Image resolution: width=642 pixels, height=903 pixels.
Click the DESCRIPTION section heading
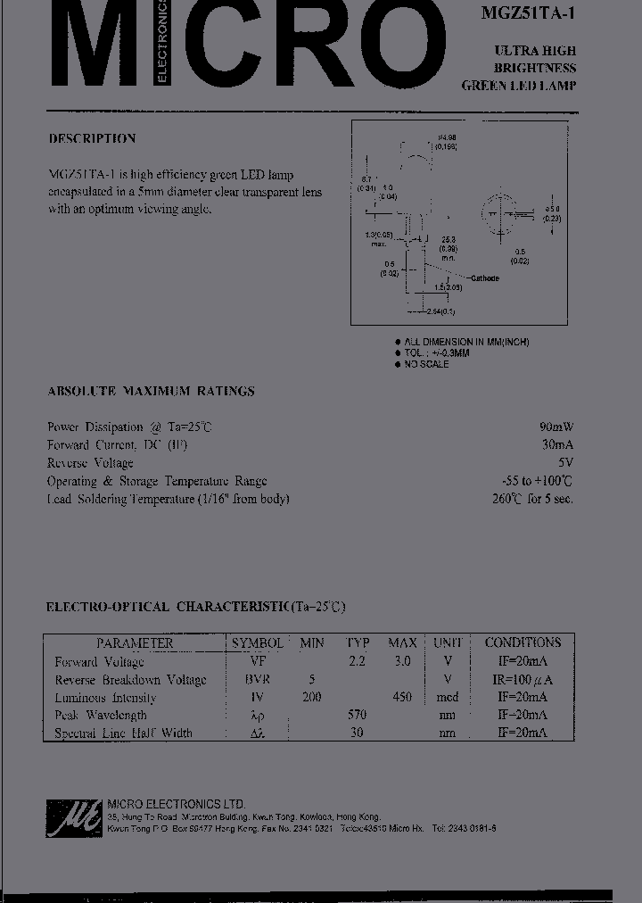[92, 138]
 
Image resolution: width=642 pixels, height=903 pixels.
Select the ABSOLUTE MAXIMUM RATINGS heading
[151, 391]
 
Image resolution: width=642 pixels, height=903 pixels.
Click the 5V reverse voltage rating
[565, 463]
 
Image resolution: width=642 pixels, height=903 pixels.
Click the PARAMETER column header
[135, 642]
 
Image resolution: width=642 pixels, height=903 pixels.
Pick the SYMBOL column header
[257, 642]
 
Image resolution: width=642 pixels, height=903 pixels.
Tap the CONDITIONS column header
[523, 642]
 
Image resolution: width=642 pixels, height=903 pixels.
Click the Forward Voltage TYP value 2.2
[358, 661]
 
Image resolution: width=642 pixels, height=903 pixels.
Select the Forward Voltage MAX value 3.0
[401, 661]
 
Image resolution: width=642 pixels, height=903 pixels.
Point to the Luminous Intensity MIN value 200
[311, 697]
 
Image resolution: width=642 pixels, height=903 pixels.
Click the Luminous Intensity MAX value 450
[401, 697]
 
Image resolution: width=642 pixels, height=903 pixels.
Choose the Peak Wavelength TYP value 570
[358, 715]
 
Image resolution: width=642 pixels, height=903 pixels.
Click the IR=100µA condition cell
[523, 679]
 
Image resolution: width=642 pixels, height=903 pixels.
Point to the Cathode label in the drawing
[484, 278]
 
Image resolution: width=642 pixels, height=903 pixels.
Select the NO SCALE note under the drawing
[426, 364]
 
